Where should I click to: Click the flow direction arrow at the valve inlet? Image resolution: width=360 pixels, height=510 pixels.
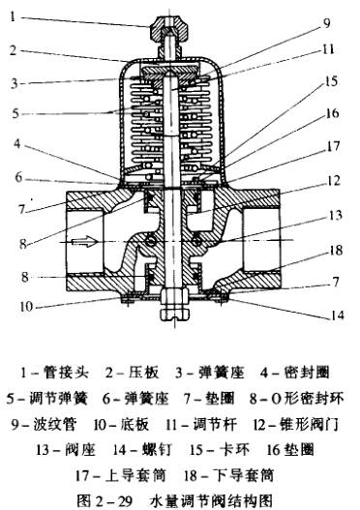(84, 241)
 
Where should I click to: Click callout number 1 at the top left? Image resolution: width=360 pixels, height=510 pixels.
(13, 16)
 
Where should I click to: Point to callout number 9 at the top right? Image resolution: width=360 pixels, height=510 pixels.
(326, 23)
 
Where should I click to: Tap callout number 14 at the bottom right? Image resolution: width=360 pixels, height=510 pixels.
(338, 315)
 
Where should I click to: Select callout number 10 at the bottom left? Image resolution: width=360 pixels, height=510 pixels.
(26, 307)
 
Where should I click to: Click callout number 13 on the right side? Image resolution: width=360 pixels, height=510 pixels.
(335, 215)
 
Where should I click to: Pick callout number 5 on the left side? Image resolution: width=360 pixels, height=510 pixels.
(15, 113)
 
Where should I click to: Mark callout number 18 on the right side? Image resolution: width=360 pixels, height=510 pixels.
(336, 250)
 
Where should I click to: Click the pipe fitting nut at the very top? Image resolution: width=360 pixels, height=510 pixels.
(168, 29)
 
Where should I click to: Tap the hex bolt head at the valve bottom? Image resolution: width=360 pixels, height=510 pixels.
(174, 315)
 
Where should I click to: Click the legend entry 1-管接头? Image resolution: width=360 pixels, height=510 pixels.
(54, 373)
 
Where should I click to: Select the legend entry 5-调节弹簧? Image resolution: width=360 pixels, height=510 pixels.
(47, 399)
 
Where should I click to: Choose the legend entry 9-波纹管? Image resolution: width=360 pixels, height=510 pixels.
(44, 425)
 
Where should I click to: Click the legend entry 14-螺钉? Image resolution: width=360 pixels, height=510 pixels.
(142, 450)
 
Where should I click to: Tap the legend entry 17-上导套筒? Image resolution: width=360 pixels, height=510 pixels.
(121, 475)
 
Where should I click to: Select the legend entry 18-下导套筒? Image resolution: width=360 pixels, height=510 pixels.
(228, 475)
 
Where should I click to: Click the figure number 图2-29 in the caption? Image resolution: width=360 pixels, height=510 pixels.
(105, 500)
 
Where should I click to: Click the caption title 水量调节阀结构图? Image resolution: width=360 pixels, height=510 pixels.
(211, 500)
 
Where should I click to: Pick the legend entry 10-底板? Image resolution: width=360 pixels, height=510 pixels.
(121, 425)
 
